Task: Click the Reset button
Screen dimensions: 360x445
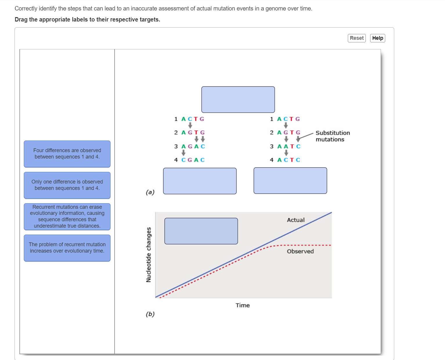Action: (x=357, y=38)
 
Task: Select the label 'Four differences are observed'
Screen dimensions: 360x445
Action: (x=67, y=154)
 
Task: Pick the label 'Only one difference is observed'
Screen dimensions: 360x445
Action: (x=67, y=185)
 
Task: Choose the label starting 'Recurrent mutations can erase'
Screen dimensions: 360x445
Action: (x=67, y=217)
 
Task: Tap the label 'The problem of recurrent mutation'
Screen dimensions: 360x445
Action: (x=67, y=248)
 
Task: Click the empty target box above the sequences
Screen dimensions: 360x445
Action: (x=238, y=100)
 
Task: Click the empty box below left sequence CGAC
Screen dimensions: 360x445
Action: (x=200, y=181)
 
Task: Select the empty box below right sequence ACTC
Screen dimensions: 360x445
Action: (x=290, y=181)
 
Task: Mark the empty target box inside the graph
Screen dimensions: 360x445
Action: (x=201, y=231)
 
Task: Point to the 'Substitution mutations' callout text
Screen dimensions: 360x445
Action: (x=332, y=136)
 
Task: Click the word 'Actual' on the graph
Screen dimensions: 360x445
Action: (x=296, y=220)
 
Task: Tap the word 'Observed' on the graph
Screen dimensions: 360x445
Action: (x=300, y=251)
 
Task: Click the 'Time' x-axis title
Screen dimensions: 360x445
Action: (x=243, y=305)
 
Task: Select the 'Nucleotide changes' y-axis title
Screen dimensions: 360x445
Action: (x=149, y=255)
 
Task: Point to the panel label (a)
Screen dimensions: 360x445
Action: (x=150, y=192)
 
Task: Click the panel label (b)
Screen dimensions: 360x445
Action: (x=150, y=314)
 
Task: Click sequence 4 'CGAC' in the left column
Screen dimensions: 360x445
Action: (x=193, y=160)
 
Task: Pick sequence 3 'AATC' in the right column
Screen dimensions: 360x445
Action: (x=289, y=146)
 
